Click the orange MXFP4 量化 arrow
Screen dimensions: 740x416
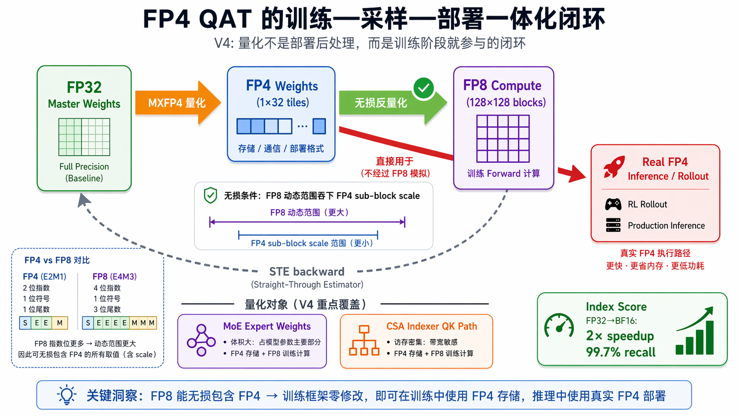tap(178, 103)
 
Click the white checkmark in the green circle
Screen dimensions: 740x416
tap(424, 88)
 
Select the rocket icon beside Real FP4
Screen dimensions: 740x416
tap(614, 167)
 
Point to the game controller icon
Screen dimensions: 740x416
tap(613, 204)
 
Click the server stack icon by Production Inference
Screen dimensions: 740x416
tap(613, 225)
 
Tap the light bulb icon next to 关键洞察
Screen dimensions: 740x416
tap(67, 394)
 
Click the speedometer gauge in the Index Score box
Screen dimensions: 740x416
tap(559, 325)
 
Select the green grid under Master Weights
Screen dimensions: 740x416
tap(84, 137)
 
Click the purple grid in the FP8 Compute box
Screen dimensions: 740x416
tap(503, 138)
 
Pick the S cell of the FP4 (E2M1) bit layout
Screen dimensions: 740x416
tap(25, 323)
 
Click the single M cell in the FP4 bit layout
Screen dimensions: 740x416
tap(60, 323)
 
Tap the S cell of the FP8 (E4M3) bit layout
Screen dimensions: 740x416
tap(88, 323)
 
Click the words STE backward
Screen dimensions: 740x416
tap(307, 271)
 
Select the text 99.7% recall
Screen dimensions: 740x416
tap(621, 352)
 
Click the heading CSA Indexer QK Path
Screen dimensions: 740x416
tap(432, 326)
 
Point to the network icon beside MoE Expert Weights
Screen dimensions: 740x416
tap(201, 340)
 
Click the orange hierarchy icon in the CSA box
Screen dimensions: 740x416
tap(364, 340)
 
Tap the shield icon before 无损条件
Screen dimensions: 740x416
tap(210, 195)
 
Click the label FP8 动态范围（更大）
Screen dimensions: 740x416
tap(309, 213)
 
